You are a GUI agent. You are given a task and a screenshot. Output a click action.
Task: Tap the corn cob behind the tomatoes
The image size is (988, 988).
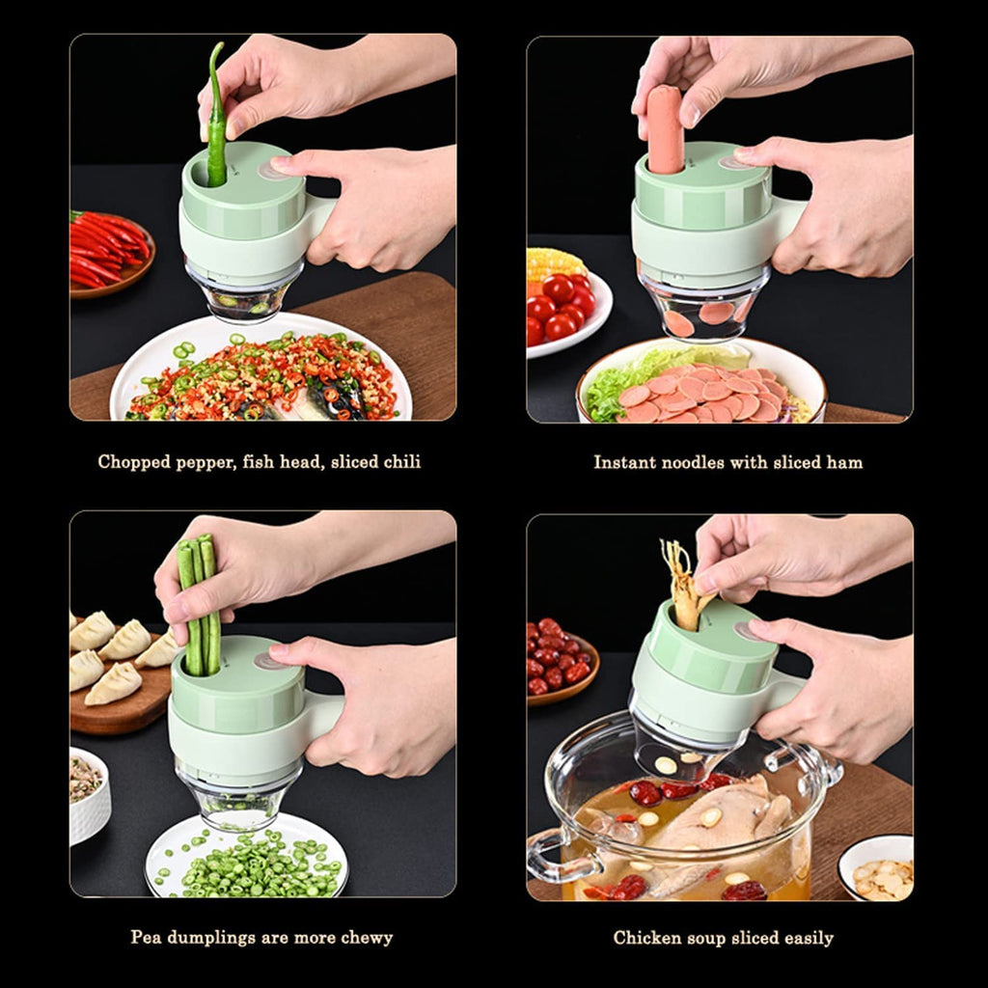(554, 262)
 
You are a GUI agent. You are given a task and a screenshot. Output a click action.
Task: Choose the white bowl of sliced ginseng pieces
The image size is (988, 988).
(877, 865)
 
